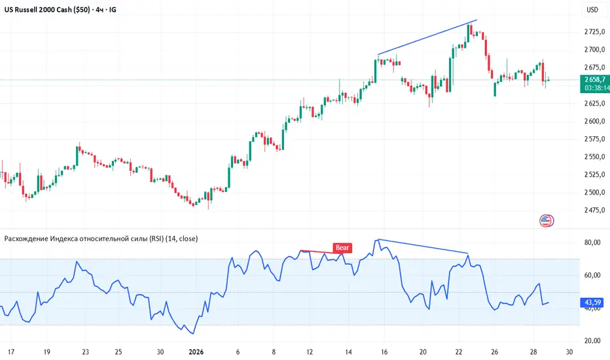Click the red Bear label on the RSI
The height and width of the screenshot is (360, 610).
342,247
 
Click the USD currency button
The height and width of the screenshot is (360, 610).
592,10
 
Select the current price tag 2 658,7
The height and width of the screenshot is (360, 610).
595,80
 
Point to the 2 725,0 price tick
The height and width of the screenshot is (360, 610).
594,31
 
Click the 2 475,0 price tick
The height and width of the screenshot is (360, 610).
594,210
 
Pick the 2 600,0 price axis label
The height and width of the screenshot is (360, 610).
594,121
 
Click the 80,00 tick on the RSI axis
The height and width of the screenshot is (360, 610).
592,242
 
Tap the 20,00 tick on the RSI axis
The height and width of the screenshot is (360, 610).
592,340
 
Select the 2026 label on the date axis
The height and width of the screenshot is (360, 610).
196,352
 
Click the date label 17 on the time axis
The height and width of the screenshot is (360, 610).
11,352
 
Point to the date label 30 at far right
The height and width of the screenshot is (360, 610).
569,352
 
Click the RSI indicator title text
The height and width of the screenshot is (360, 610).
101,238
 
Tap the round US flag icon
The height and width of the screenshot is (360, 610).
546,221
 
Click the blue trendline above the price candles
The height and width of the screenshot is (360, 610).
427,37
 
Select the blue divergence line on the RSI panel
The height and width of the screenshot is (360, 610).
423,246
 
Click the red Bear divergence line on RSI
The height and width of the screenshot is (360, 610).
317,252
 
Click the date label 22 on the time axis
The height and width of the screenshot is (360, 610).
459,352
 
